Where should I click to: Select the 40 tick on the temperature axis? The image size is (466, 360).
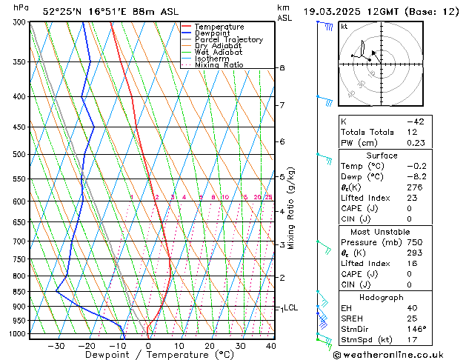(270, 345)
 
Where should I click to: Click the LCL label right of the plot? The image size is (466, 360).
(290, 307)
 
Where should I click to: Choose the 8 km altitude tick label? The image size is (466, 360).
(282, 68)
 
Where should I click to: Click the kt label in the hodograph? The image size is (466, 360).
(344, 26)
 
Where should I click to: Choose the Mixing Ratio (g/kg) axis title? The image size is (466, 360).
(291, 208)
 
